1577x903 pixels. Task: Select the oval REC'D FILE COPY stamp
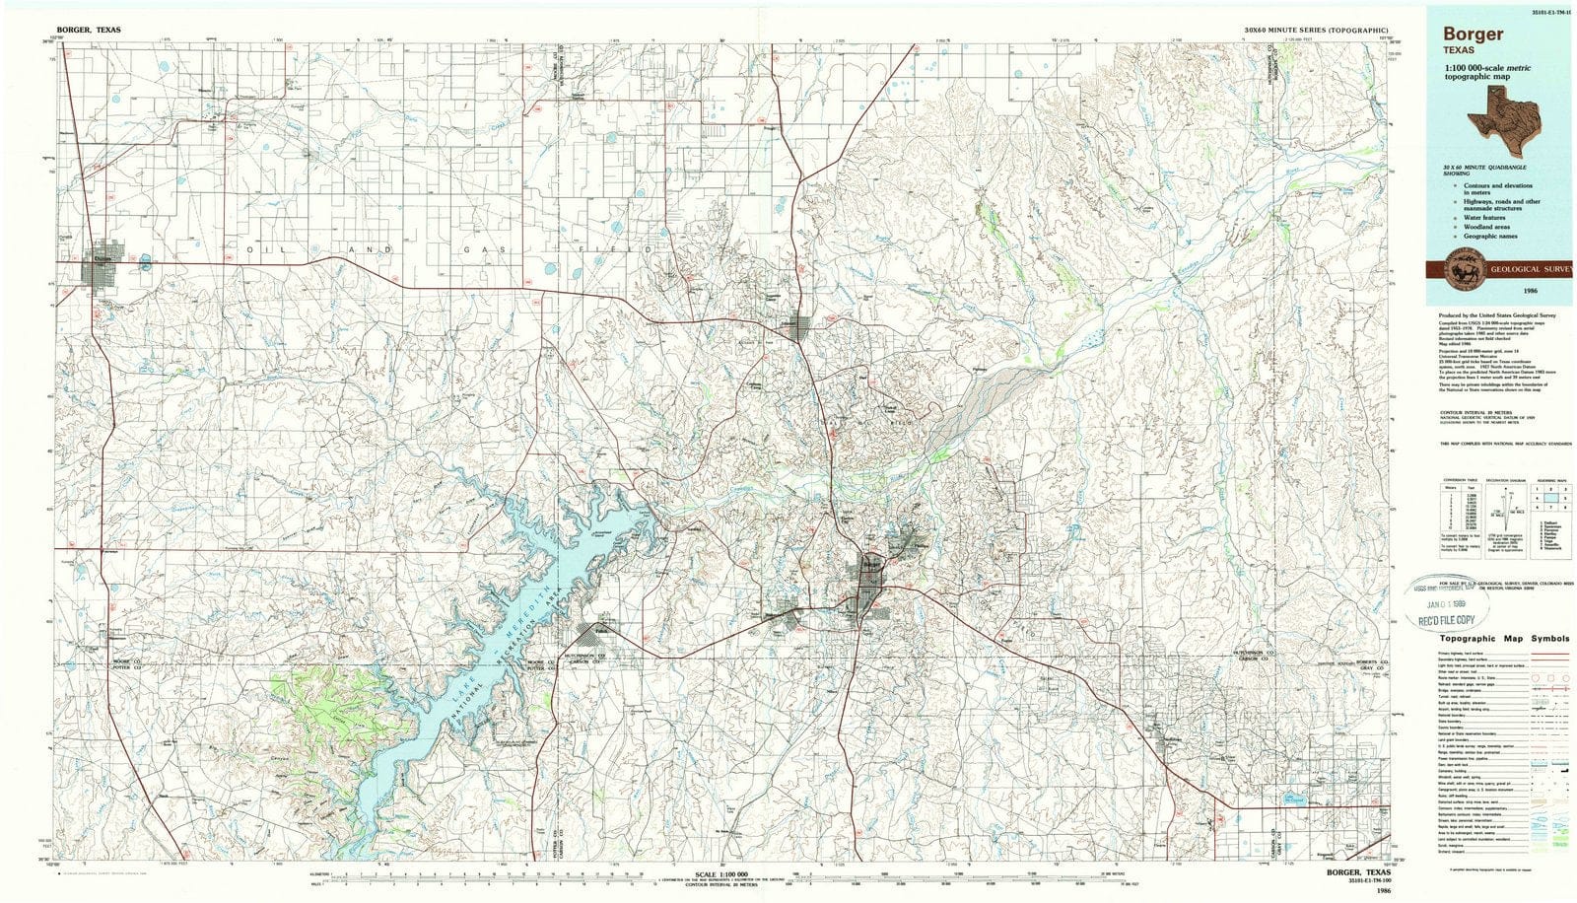pyautogui.click(x=1446, y=619)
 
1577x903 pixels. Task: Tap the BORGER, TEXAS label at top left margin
pyautogui.click(x=90, y=31)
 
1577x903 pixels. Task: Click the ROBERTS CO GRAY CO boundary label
pyautogui.click(x=1366, y=665)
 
